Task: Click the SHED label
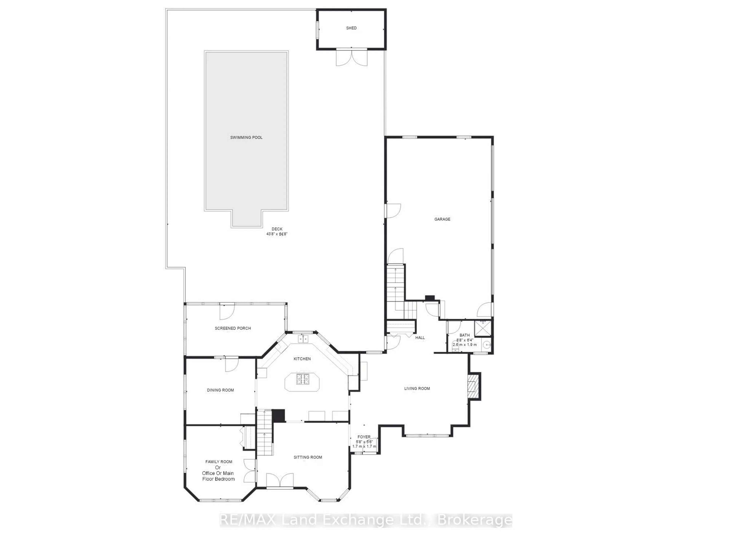(x=351, y=28)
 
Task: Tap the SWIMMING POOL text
(x=246, y=137)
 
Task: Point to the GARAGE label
(x=442, y=219)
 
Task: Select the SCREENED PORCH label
(x=233, y=328)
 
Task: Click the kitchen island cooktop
(x=302, y=379)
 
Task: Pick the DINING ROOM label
(x=220, y=390)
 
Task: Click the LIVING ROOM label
(x=417, y=388)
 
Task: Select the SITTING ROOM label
(x=308, y=457)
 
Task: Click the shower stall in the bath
(x=483, y=328)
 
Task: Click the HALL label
(x=420, y=337)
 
